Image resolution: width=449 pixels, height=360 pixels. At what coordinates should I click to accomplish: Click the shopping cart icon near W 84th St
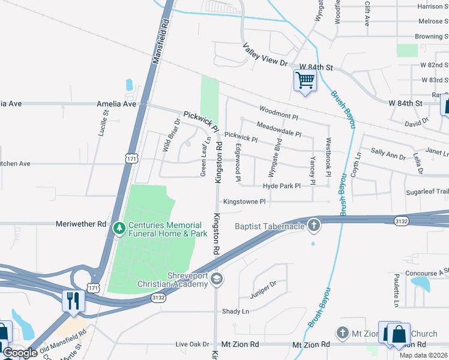point(305,80)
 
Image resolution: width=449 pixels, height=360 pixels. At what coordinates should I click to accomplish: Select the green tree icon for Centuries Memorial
point(119,228)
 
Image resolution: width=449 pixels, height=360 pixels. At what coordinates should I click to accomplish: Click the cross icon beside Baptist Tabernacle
point(312,226)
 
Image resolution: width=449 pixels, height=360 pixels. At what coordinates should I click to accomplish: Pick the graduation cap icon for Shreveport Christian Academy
point(217,279)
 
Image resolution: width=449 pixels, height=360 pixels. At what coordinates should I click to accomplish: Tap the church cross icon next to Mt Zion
point(342,332)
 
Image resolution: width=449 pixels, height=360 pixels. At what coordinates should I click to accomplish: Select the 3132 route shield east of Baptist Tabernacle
point(402,221)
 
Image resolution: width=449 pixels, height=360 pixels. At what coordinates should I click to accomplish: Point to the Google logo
point(20,353)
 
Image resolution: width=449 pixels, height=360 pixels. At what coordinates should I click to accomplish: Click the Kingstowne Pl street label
point(244,202)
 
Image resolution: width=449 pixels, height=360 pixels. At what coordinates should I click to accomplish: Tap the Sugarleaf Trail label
point(427,191)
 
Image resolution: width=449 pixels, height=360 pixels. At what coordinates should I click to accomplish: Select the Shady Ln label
point(235,311)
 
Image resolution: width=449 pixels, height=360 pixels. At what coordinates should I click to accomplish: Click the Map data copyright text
point(424,355)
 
